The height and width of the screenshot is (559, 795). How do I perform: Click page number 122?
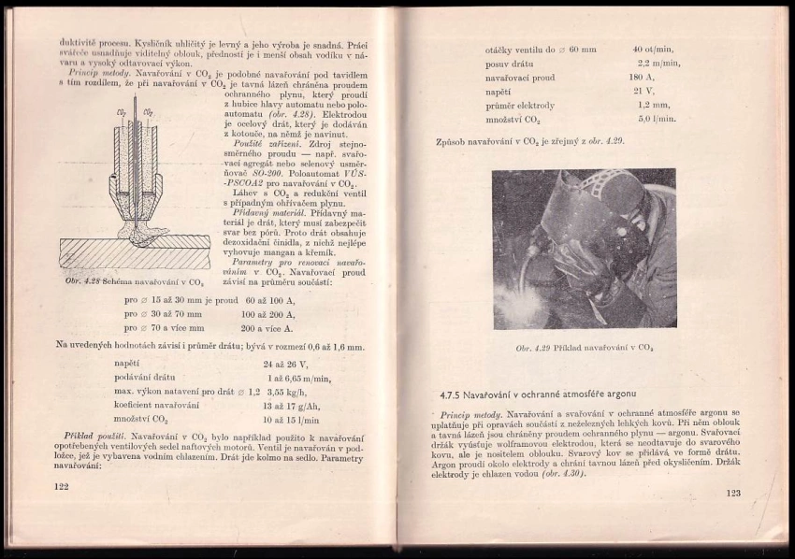[62, 486]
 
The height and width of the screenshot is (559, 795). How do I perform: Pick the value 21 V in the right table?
[643, 91]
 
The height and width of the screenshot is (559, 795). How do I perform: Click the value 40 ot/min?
[654, 49]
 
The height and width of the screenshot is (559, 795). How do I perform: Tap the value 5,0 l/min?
[657, 119]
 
